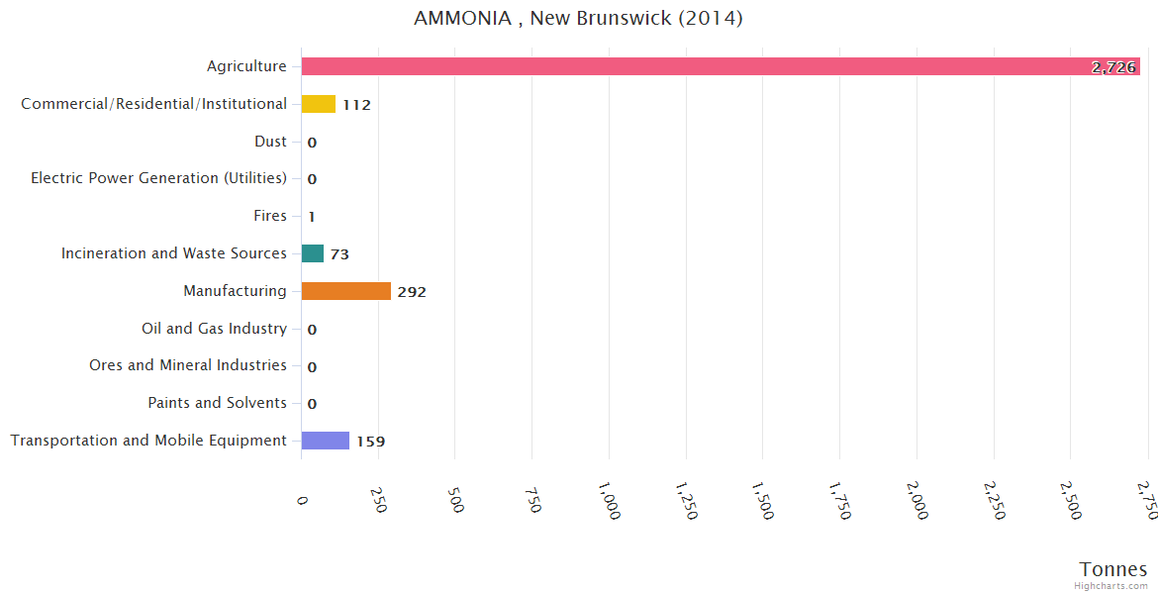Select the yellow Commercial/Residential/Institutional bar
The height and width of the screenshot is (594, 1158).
click(319, 104)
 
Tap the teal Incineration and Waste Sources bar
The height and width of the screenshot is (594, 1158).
click(313, 253)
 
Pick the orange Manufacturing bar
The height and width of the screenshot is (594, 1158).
click(346, 291)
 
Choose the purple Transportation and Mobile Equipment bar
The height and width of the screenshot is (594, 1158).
click(326, 441)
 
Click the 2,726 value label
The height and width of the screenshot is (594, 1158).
click(1113, 67)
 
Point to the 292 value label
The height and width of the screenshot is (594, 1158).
click(412, 292)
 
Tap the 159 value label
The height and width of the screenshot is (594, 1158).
click(370, 442)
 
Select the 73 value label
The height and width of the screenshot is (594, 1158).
click(339, 254)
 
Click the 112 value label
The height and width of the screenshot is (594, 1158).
click(356, 105)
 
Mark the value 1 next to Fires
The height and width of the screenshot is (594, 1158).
click(311, 217)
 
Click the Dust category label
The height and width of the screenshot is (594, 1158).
click(270, 142)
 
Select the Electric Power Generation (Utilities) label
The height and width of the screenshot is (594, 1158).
click(158, 178)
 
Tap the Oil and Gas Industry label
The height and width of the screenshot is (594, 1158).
click(214, 329)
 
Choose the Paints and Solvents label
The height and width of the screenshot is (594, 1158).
click(217, 403)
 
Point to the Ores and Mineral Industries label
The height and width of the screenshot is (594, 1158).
click(188, 365)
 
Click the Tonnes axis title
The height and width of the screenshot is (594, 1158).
click(1113, 569)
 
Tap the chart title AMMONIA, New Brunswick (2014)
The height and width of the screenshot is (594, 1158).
click(578, 19)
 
